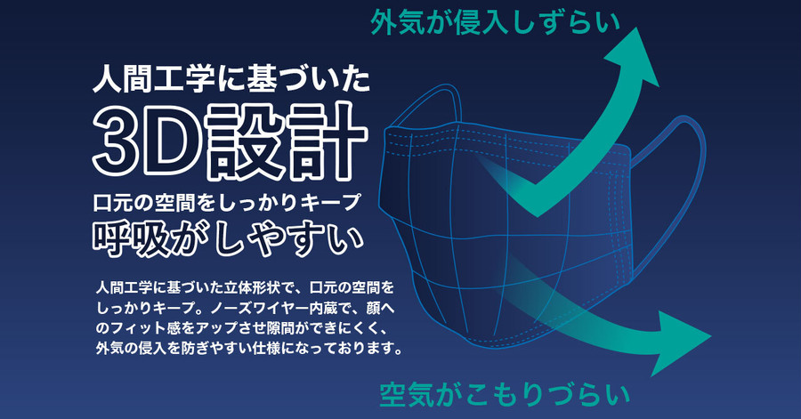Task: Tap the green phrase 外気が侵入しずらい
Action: click(x=495, y=23)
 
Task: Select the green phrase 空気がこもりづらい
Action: click(x=505, y=395)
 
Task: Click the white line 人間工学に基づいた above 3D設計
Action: click(x=231, y=80)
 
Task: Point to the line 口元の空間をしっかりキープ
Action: click(x=227, y=203)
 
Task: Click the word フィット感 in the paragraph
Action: click(x=141, y=328)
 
